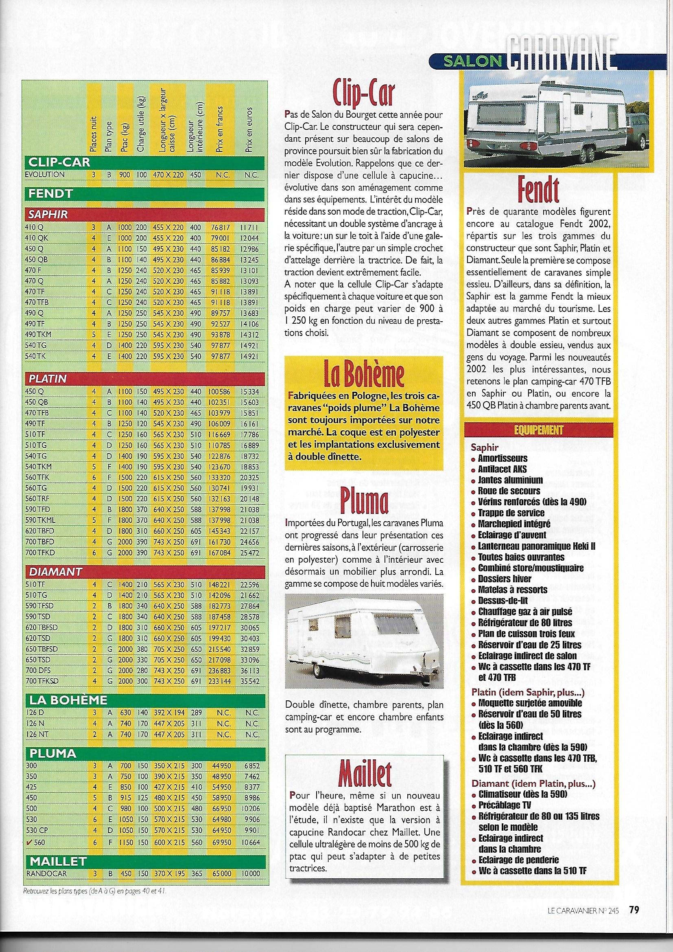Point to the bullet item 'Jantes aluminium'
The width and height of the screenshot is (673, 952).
(x=510, y=480)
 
